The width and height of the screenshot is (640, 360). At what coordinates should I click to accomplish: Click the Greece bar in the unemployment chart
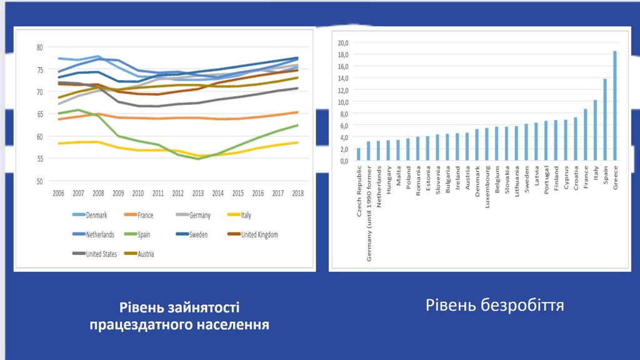click(x=615, y=106)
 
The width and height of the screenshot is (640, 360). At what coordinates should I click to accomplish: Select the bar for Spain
click(x=605, y=120)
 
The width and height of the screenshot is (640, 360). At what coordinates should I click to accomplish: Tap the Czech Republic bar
click(x=359, y=154)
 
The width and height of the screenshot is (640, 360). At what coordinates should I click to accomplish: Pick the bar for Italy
click(x=595, y=130)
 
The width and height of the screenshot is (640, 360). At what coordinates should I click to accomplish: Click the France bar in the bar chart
click(x=585, y=134)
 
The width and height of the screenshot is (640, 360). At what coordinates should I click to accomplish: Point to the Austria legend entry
click(x=139, y=254)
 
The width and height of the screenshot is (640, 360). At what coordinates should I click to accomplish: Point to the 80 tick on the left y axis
click(x=40, y=47)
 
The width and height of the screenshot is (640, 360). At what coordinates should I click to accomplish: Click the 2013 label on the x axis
click(x=199, y=194)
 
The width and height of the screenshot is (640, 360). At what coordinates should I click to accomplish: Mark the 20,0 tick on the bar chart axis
click(x=342, y=43)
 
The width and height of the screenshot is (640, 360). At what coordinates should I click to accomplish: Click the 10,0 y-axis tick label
click(x=342, y=102)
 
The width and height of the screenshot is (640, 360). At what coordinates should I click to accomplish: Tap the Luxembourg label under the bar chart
click(x=487, y=187)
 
